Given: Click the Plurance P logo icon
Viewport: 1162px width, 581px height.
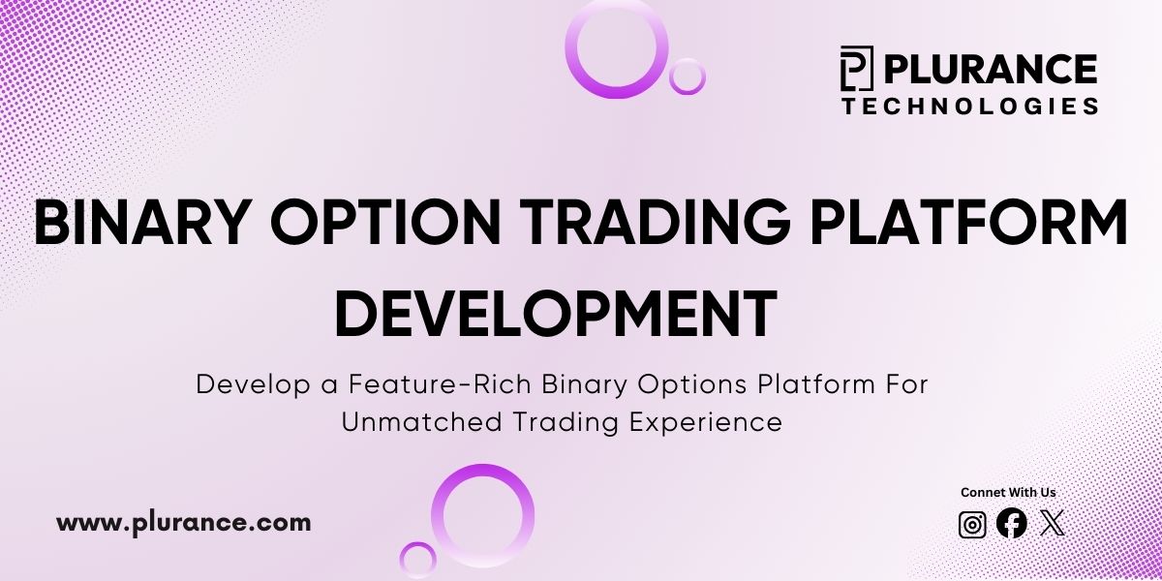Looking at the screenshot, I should tap(856, 69).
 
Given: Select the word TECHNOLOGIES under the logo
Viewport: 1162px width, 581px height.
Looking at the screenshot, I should tap(969, 106).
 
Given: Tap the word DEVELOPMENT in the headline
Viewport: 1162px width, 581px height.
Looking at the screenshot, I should tap(556, 312).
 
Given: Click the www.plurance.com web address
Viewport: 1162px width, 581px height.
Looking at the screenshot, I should tap(184, 523).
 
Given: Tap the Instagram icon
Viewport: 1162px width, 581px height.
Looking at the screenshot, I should tap(972, 524).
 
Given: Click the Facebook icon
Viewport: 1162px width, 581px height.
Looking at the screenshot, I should tap(1011, 524).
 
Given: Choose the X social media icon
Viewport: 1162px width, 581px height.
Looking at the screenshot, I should tap(1052, 524).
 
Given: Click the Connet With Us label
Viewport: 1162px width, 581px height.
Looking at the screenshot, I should tap(1007, 493).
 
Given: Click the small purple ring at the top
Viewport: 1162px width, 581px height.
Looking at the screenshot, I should tap(688, 76).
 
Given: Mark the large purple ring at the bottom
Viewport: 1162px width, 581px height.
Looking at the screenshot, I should tap(482, 515).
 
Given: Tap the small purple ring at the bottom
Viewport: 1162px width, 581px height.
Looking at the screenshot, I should tap(417, 560).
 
